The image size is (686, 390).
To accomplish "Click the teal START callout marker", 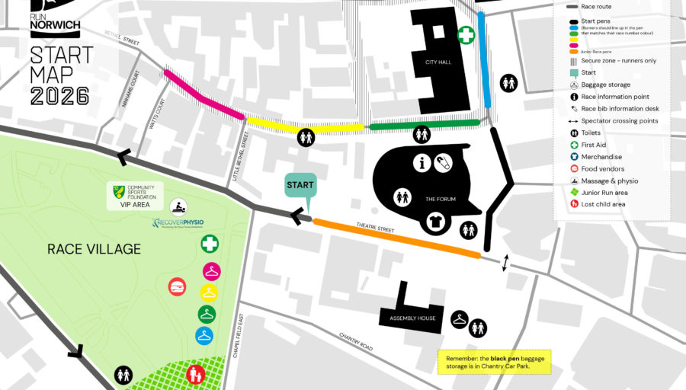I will point(300,186).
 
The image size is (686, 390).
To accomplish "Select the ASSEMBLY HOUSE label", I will point(412,318).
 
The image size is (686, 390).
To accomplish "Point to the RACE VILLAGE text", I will point(94,249).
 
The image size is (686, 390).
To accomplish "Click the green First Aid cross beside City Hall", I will point(466,35).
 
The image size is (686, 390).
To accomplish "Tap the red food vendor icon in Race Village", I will point(177,286).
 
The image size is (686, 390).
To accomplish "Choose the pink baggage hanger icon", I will point(210,271).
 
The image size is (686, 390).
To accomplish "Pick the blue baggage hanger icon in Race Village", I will point(204,335).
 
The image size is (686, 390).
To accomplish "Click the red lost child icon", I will point(195,374).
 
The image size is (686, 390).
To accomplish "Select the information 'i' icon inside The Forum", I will point(423,162).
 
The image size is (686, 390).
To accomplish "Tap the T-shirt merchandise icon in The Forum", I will point(435,222).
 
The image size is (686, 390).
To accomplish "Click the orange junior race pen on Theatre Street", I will point(396,238).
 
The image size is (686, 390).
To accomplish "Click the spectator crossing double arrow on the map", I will point(504,264).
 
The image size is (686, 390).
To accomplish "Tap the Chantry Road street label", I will point(357,340).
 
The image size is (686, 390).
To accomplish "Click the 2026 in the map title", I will point(60,95).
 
